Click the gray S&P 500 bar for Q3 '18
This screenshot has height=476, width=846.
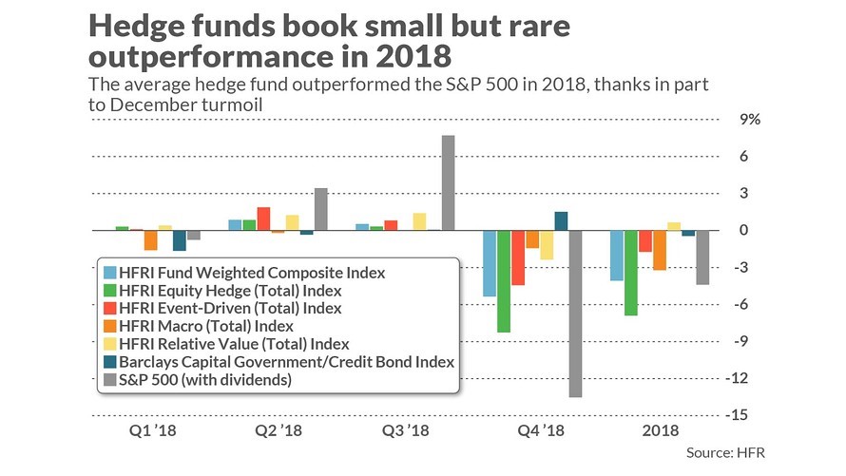tap(449, 182)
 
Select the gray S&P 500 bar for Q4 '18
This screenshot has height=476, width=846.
tap(576, 314)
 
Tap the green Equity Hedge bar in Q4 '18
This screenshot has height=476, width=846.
tap(504, 281)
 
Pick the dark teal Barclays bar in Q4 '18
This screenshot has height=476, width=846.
tap(561, 221)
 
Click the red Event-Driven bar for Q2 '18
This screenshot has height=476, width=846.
tap(264, 219)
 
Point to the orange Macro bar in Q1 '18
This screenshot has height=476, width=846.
tap(150, 239)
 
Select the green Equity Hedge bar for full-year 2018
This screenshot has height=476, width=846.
tap(631, 273)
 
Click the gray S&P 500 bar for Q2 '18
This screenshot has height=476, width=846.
tap(321, 209)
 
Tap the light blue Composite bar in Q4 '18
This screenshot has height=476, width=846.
tap(490, 263)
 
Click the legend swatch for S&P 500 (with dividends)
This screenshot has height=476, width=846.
tap(109, 380)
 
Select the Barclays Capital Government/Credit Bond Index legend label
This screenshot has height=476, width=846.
tap(286, 362)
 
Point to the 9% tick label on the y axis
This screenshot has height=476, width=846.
tap(750, 119)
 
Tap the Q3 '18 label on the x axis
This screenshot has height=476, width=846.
tap(405, 430)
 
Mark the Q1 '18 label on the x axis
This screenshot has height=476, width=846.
tap(153, 430)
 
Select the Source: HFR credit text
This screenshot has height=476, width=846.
tap(725, 452)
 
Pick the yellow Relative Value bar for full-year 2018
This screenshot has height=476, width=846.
tap(674, 226)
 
